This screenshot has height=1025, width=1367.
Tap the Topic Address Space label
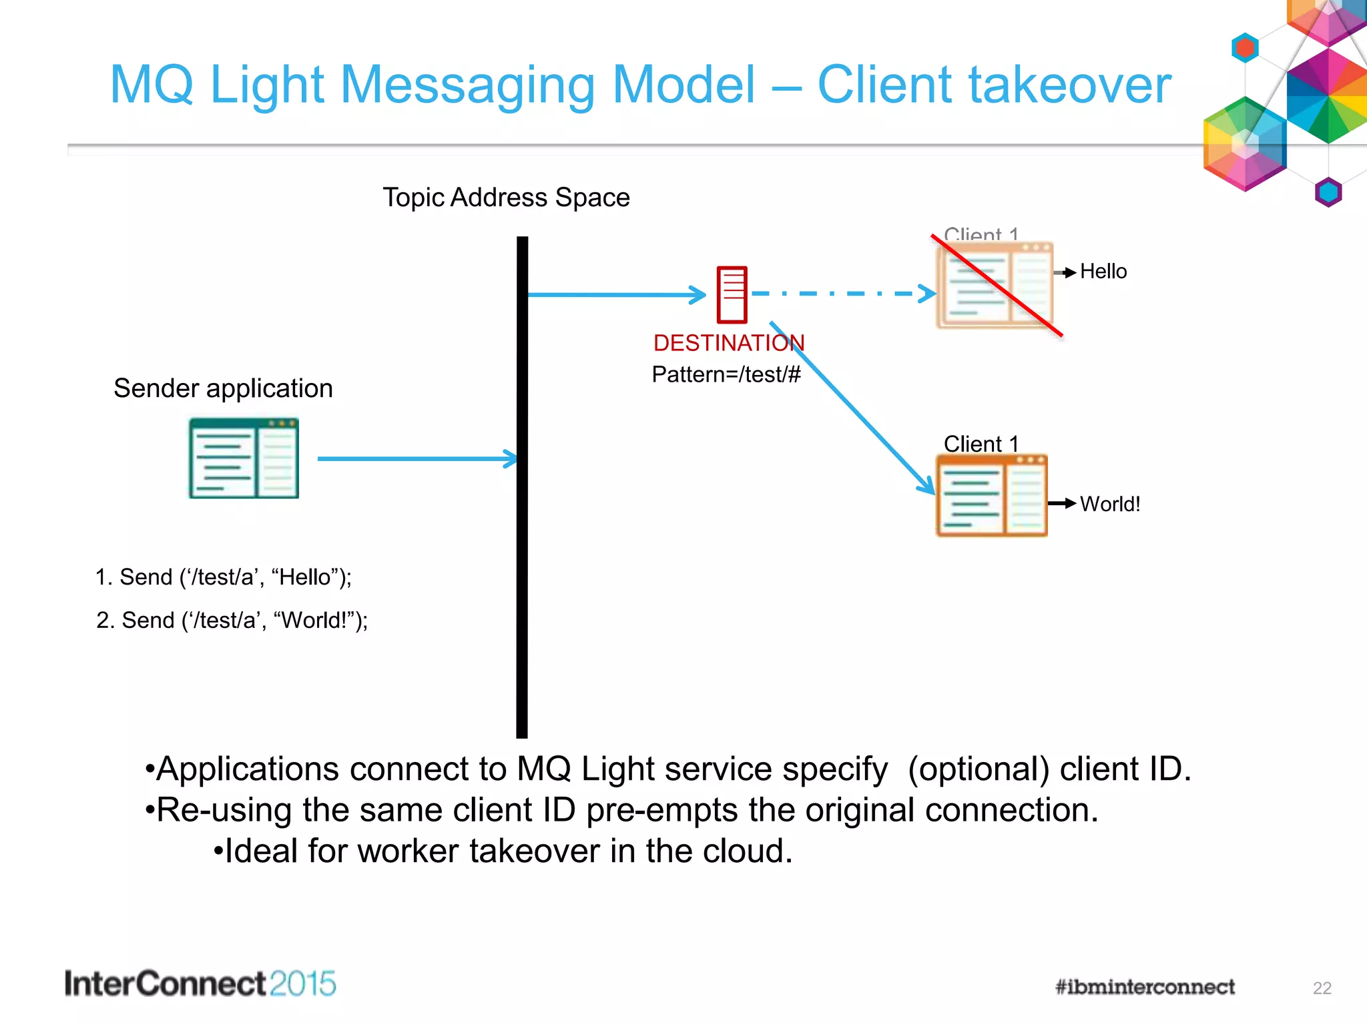pos(506,198)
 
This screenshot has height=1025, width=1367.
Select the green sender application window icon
pos(244,458)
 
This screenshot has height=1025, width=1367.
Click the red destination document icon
pos(732,294)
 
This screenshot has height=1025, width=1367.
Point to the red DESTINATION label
pos(728,343)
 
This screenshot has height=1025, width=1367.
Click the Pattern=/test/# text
pos(726,374)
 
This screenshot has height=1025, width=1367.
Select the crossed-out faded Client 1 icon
pos(994,285)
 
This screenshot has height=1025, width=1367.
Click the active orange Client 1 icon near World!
pos(991,496)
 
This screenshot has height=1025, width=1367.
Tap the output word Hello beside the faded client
pos(1103,272)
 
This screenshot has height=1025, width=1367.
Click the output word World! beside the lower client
pos(1109,504)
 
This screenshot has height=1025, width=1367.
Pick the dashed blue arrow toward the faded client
pos(842,294)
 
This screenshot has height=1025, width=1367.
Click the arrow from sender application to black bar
pos(417,458)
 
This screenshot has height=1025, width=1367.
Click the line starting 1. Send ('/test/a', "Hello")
pos(223,577)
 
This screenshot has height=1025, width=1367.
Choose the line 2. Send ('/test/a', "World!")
pos(232,621)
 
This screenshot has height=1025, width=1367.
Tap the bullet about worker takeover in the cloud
pos(504,851)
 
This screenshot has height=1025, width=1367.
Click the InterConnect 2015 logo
pos(200,984)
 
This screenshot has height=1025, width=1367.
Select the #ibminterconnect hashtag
pos(1145,987)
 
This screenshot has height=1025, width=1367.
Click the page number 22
pos(1322,988)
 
